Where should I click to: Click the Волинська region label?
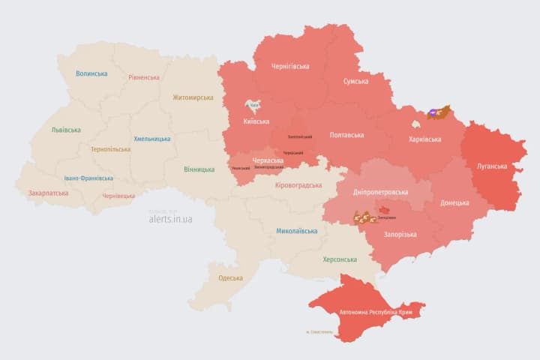[x=91, y=73]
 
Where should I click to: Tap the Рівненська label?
[x=143, y=77]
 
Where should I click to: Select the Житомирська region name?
[x=193, y=97]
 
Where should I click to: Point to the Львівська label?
[x=66, y=130]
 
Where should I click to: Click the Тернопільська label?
[x=110, y=149]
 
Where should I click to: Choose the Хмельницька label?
[x=151, y=139]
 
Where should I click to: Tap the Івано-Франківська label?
[x=88, y=178]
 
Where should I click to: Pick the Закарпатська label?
[x=48, y=193]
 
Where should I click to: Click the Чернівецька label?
[x=118, y=196]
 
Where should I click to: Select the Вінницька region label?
[x=199, y=169]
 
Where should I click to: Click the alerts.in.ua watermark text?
[x=170, y=219]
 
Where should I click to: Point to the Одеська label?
[x=230, y=278]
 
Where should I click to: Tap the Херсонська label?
[x=339, y=259]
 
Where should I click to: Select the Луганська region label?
[x=492, y=166]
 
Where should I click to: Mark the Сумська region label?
[x=355, y=81]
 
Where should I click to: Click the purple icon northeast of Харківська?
[x=434, y=114]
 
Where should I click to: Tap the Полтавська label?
[x=346, y=135]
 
